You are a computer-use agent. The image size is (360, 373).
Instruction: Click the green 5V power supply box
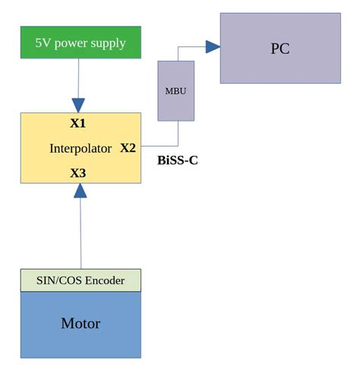[x=81, y=43]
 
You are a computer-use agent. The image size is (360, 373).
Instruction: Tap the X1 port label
[x=78, y=123]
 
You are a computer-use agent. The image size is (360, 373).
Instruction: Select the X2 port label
[x=128, y=147]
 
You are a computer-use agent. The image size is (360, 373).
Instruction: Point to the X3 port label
[x=78, y=173]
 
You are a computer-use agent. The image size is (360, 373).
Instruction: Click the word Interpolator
[x=81, y=148]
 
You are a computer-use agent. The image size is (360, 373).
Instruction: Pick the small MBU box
[x=175, y=91]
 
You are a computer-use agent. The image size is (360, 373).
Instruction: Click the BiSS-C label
[x=178, y=160]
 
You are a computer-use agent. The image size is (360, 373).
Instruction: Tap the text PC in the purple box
[x=280, y=49]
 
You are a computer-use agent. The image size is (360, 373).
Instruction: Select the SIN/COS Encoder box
[x=81, y=280]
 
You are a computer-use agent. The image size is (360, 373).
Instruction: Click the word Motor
[x=81, y=324]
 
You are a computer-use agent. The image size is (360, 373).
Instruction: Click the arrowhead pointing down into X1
[x=78, y=105]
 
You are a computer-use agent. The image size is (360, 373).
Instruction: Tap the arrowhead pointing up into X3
[x=80, y=191]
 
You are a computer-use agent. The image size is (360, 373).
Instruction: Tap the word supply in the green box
[x=108, y=43]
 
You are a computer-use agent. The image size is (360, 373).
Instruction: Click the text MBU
[x=175, y=91]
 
